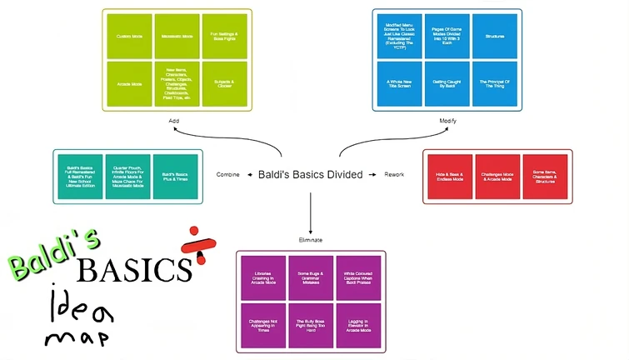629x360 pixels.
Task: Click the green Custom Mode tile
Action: tap(129, 37)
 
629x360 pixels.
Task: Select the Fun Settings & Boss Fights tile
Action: tap(225, 37)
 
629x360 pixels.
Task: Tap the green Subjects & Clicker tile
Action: tap(225, 84)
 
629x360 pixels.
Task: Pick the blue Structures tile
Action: tap(494, 37)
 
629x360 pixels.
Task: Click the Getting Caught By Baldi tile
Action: tap(447, 84)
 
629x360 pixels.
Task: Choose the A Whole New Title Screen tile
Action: tap(399, 84)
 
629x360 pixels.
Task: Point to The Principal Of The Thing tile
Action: tap(494, 84)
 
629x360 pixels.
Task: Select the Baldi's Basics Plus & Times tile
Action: tap(175, 175)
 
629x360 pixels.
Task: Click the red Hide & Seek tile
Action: tap(450, 177)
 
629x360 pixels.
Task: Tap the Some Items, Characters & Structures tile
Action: tap(545, 177)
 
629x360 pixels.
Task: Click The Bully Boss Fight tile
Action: tap(311, 325)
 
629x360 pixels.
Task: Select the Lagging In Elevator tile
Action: tap(358, 325)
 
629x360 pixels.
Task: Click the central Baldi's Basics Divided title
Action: tap(310, 175)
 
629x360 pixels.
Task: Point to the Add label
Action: tap(174, 121)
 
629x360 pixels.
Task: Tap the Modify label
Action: tap(448, 122)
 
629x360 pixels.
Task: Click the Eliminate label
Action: tap(310, 240)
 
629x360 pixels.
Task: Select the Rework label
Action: tap(394, 175)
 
